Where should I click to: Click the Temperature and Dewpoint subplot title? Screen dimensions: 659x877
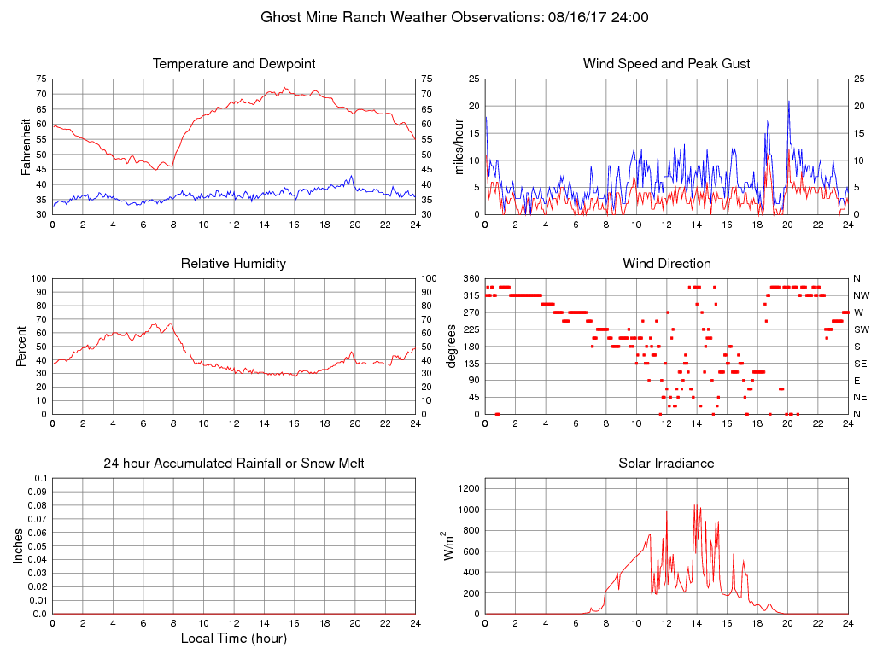click(233, 64)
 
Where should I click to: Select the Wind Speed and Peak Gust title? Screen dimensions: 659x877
click(666, 64)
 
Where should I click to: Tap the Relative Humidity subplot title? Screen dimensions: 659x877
click(233, 264)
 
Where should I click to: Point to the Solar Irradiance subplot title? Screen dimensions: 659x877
click(666, 464)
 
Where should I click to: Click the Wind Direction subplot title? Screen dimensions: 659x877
click(666, 264)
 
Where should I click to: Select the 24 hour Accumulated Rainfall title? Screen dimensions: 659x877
click(233, 464)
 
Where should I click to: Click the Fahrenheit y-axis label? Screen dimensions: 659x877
click(27, 147)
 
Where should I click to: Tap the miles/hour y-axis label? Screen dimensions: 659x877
click(459, 147)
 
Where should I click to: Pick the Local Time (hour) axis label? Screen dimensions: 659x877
click(233, 639)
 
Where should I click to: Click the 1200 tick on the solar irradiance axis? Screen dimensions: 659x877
click(468, 488)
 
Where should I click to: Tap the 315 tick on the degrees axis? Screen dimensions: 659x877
click(471, 295)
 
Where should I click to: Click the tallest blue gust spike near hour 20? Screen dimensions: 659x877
click(788, 102)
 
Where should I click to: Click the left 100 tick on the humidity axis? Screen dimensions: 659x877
click(38, 279)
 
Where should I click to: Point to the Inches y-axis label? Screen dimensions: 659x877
click(19, 546)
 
